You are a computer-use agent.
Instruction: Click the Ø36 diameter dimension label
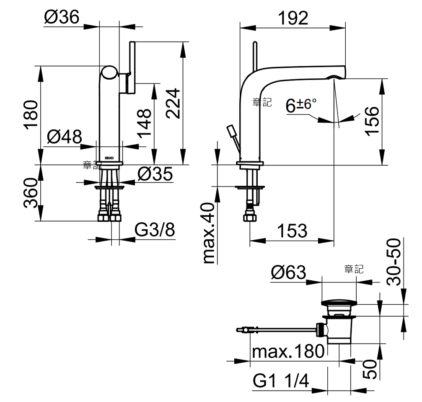(x=62, y=17)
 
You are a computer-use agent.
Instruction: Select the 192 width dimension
(x=293, y=18)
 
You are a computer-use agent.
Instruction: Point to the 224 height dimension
(x=173, y=104)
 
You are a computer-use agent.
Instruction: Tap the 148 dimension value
(x=144, y=123)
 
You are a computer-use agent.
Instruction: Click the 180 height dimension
(x=31, y=115)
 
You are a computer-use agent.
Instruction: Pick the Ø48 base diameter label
(x=64, y=137)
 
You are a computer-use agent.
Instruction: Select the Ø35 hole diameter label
(x=155, y=174)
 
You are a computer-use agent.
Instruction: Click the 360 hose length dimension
(x=31, y=193)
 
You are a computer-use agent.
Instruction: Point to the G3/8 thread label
(x=155, y=230)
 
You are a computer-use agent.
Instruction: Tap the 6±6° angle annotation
(x=301, y=105)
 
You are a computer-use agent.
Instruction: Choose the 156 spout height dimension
(x=372, y=122)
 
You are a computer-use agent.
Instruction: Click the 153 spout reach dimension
(x=292, y=231)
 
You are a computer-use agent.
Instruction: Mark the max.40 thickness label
(x=209, y=233)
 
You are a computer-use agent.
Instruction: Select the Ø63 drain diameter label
(x=288, y=272)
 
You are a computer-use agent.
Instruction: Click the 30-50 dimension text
(x=394, y=262)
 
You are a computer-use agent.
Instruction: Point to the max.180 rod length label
(x=288, y=351)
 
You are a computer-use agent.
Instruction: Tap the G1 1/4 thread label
(x=281, y=381)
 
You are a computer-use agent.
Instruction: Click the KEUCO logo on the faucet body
(x=109, y=158)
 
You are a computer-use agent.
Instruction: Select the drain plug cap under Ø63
(x=339, y=303)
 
